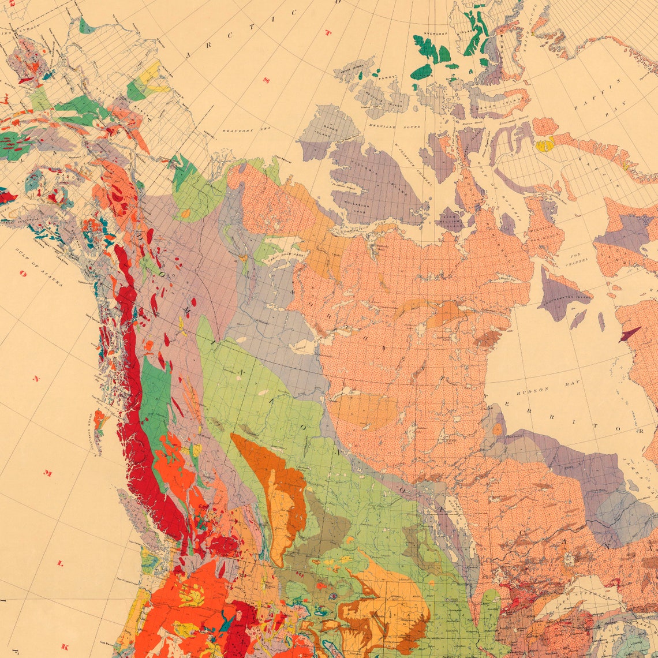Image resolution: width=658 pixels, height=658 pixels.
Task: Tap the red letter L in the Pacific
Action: [x=60, y=562]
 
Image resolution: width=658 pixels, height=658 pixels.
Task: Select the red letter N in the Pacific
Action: [x=36, y=379]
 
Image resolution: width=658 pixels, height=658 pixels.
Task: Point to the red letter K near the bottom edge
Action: [x=65, y=646]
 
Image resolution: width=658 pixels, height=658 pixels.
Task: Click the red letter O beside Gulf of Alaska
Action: [x=24, y=274]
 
